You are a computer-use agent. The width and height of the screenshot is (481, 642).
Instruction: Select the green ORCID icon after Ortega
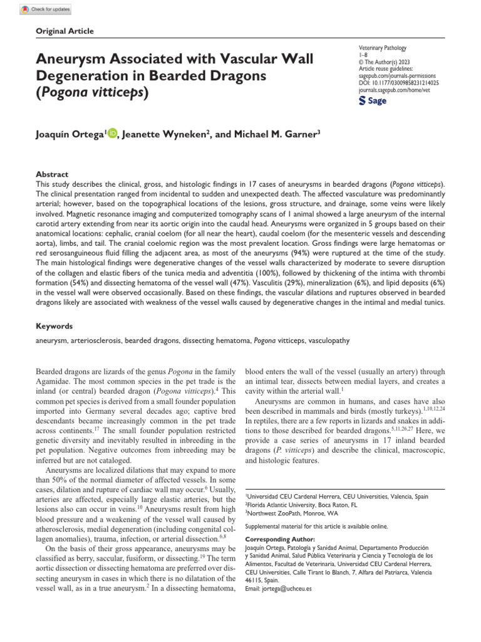[x=113, y=132]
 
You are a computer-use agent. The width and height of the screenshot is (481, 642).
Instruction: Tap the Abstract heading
[x=52, y=174]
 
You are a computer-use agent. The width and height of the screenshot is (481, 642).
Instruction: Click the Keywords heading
[x=54, y=326]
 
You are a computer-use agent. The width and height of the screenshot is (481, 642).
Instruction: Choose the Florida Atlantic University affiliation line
[x=302, y=505]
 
